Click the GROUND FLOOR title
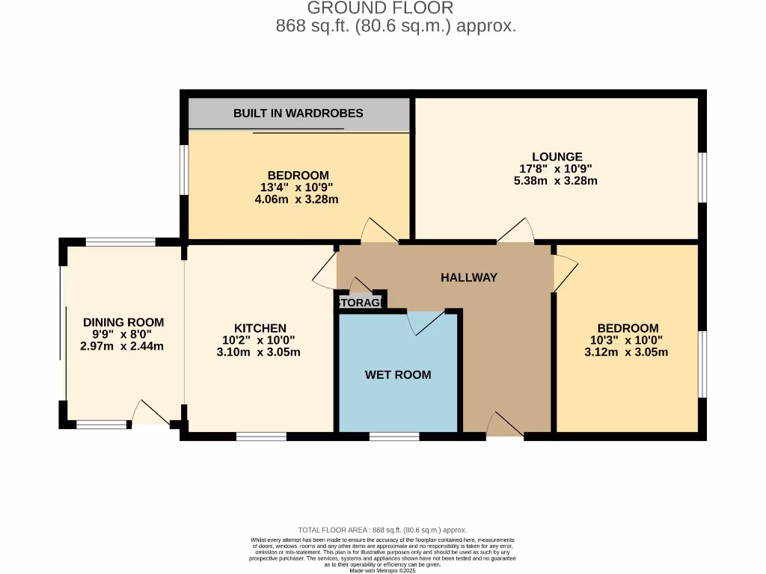pyautogui.click(x=380, y=8)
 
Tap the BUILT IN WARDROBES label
pyautogui.click(x=298, y=114)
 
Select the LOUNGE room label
pyautogui.click(x=558, y=157)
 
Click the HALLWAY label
pyautogui.click(x=469, y=277)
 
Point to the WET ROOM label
pyautogui.click(x=398, y=374)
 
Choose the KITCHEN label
pyautogui.click(x=260, y=328)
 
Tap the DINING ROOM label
pyautogui.click(x=123, y=322)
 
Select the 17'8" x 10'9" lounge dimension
pyautogui.click(x=558, y=169)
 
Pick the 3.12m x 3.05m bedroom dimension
pyautogui.click(x=627, y=352)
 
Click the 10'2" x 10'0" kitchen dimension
pyautogui.click(x=260, y=340)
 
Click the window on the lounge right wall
pyautogui.click(x=702, y=177)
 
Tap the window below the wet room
pyautogui.click(x=394, y=436)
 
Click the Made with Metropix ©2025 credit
pyautogui.click(x=382, y=570)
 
